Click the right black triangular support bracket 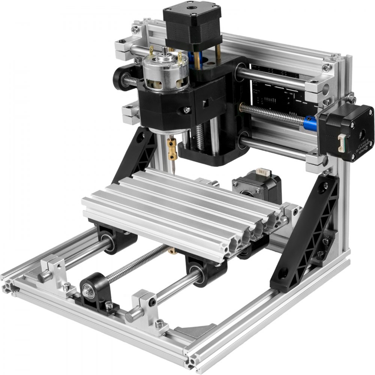307,232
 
